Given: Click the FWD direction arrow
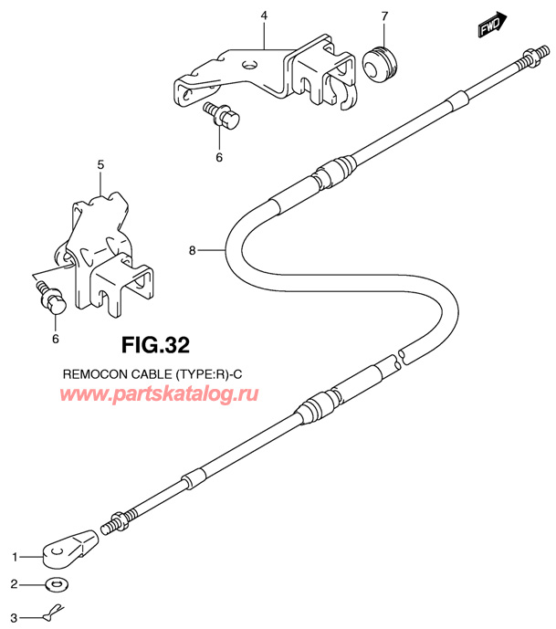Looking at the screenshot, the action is tap(493, 25).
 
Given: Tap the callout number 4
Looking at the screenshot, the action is tap(264, 16).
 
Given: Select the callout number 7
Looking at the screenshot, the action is tap(384, 16).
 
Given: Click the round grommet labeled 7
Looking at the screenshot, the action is tap(380, 64).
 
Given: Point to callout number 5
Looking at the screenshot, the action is tap(100, 165).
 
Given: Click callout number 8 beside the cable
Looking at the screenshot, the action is tap(192, 251).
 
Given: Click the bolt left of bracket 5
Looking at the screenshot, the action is tap(50, 298).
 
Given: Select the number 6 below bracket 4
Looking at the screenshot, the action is tap(219, 157).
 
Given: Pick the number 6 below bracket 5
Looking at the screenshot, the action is tap(56, 339).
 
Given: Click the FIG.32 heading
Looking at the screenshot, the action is tap(155, 345).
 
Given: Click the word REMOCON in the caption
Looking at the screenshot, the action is tap(89, 374).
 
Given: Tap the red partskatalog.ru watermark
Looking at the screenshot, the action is tap(159, 393).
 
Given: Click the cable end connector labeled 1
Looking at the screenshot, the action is tap(69, 549).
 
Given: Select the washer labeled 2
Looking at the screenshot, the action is tap(58, 584).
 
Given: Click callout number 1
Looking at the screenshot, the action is tap(15, 557).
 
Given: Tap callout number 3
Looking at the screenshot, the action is tap(14, 618).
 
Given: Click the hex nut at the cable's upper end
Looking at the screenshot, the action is tap(530, 57).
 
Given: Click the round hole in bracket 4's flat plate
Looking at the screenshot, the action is tap(249, 64).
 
